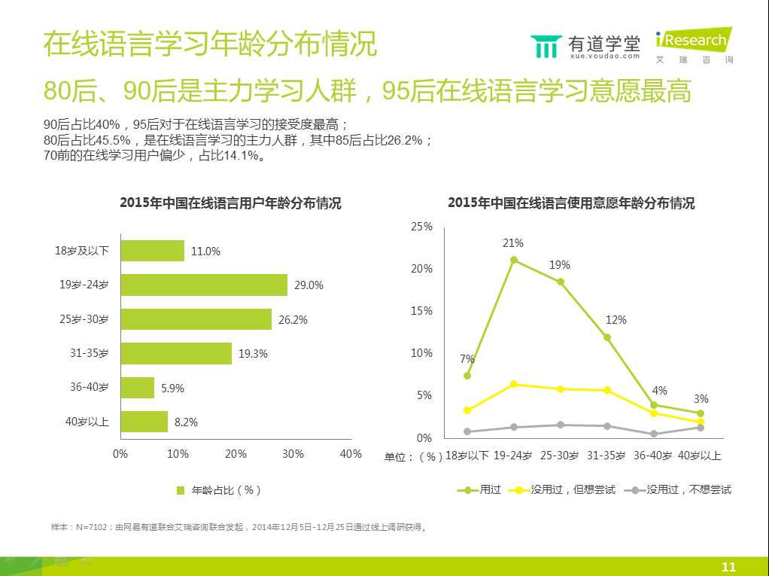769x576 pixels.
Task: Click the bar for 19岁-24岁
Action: pos(203,285)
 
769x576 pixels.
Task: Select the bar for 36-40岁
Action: pos(137,388)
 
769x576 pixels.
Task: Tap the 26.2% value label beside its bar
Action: pos(293,319)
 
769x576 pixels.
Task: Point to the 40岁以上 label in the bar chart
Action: pos(87,422)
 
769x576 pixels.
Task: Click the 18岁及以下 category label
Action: pos(81,251)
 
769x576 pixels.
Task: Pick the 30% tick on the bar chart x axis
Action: pos(293,454)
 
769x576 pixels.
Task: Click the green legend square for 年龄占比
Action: pos(181,490)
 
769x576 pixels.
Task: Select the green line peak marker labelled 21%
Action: pos(513,260)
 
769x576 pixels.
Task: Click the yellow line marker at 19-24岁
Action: pos(513,384)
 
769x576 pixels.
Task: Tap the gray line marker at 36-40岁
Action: pos(654,434)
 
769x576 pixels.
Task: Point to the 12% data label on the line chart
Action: pos(616,320)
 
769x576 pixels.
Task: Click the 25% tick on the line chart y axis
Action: pos(421,227)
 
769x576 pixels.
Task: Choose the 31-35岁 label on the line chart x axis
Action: pos(606,456)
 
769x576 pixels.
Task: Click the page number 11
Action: pos(728,567)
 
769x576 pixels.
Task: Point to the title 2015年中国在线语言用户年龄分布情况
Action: pos(230,203)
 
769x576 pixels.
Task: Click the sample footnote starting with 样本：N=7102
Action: pos(239,527)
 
